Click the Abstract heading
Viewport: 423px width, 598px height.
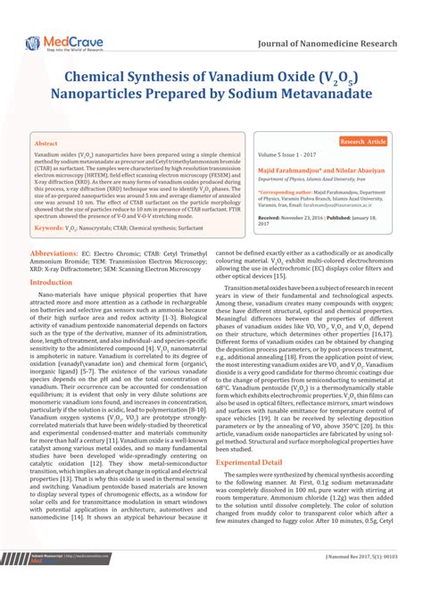coord(46,143)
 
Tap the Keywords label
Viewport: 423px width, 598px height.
coord(53,229)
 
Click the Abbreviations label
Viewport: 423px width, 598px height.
coord(56,253)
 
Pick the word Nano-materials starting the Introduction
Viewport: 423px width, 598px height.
coord(70,294)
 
